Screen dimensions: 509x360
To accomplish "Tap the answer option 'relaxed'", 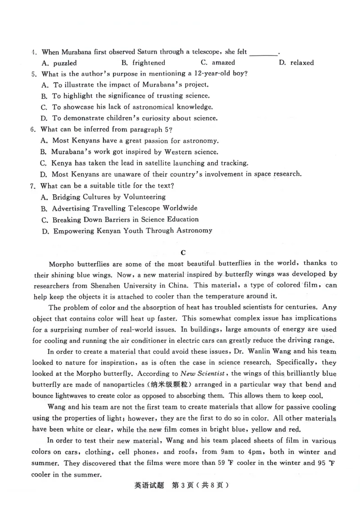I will coord(302,63).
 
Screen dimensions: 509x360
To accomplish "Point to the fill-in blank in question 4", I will coord(263,53).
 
